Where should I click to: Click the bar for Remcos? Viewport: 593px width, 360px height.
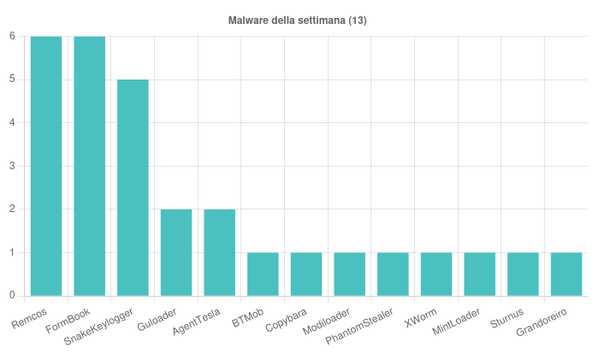click(x=46, y=166)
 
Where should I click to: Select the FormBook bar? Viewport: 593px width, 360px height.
click(x=90, y=166)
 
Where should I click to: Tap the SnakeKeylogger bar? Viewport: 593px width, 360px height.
click(x=133, y=187)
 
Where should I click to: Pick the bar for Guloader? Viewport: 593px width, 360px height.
click(x=176, y=252)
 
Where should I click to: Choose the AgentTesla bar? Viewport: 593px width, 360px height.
click(x=220, y=252)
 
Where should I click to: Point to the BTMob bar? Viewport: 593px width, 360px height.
click(x=263, y=274)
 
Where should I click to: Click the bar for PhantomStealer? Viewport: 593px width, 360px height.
click(x=393, y=274)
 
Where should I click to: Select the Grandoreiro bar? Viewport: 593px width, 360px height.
click(x=566, y=274)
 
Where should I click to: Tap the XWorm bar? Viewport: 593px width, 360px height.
click(x=436, y=274)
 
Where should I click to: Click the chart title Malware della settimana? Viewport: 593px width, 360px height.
click(x=297, y=20)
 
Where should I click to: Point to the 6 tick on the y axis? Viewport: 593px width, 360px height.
click(x=12, y=36)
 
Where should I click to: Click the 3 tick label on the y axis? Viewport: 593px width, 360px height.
click(x=12, y=166)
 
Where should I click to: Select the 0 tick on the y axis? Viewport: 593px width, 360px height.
click(x=12, y=296)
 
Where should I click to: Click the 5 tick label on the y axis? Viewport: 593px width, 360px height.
click(x=12, y=80)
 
